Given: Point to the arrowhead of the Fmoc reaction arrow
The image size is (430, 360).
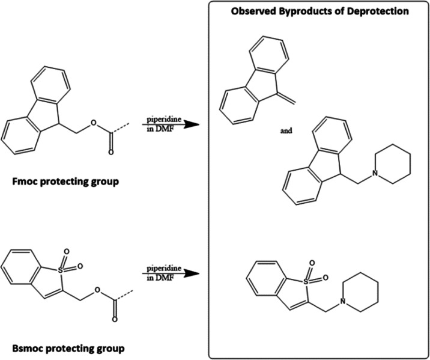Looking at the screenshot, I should (x=192, y=125).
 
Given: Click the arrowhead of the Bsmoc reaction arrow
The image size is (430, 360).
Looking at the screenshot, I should (x=192, y=273).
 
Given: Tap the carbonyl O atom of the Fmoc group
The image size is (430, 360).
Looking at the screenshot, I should (x=111, y=154).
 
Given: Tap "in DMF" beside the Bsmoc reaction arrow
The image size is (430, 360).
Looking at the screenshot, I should (x=154, y=281).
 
